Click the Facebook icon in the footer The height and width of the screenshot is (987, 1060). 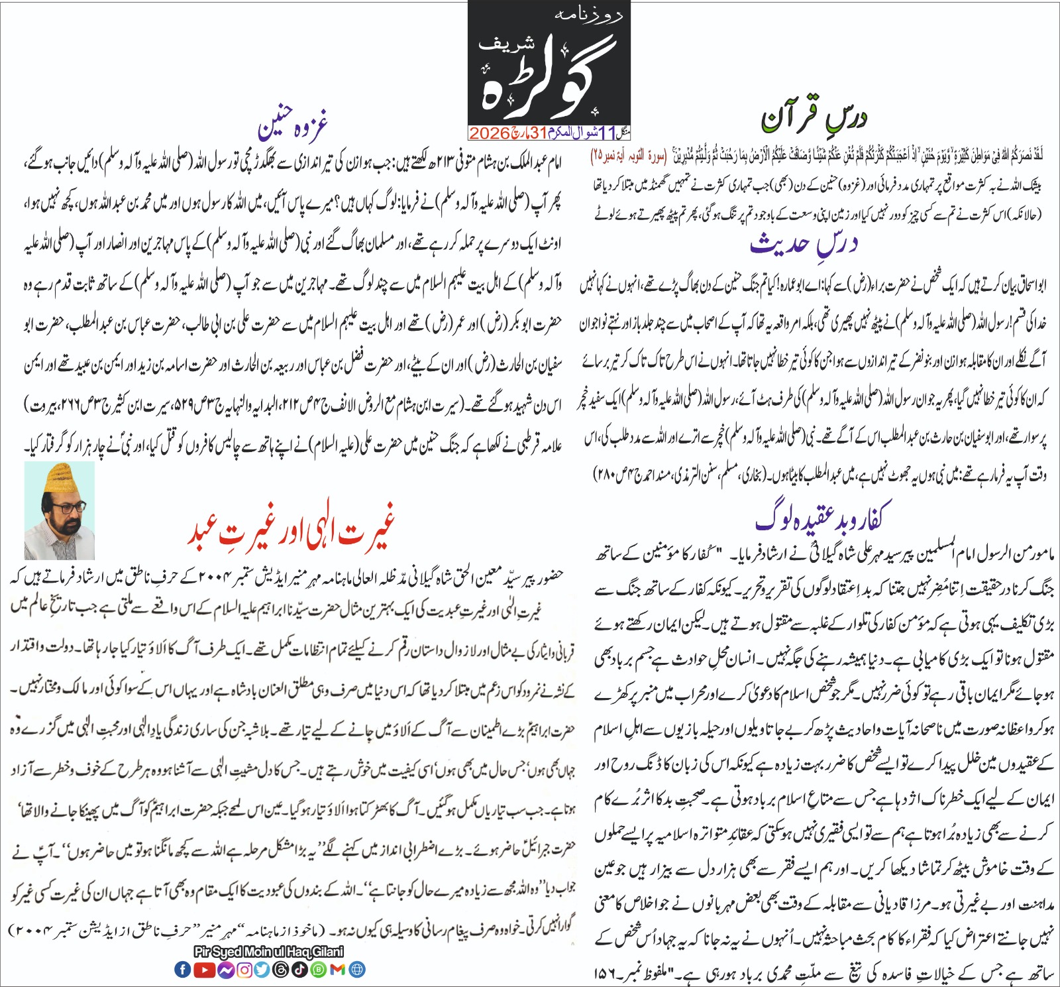pyautogui.click(x=182, y=969)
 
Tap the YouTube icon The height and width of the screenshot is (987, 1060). pyautogui.click(x=204, y=969)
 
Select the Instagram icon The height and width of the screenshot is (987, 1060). pyautogui.click(x=244, y=969)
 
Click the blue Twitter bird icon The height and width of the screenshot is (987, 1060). pyautogui.click(x=262, y=969)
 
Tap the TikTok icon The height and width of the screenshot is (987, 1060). pyautogui.click(x=299, y=969)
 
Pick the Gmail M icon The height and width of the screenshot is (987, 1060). pyautogui.click(x=338, y=969)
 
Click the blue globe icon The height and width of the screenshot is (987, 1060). pyautogui.click(x=357, y=969)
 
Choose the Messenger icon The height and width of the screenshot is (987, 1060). pyautogui.click(x=225, y=969)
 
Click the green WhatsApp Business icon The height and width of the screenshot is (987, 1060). pyautogui.click(x=319, y=969)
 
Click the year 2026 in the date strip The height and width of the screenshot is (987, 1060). pyautogui.click(x=489, y=133)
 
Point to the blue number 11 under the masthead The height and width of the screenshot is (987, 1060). pyautogui.click(x=608, y=133)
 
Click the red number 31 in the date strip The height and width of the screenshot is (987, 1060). pyautogui.click(x=538, y=133)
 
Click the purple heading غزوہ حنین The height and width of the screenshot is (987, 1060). pyautogui.click(x=293, y=124)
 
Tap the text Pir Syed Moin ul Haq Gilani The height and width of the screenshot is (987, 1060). pyautogui.click(x=269, y=952)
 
